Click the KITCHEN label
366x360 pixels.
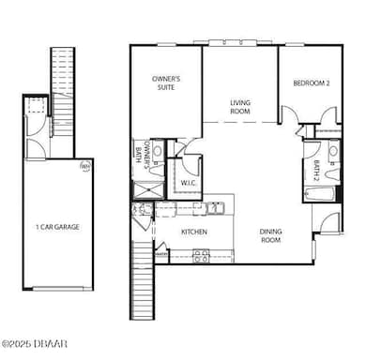193,232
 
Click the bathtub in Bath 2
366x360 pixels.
316,195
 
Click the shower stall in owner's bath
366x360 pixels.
145,187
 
